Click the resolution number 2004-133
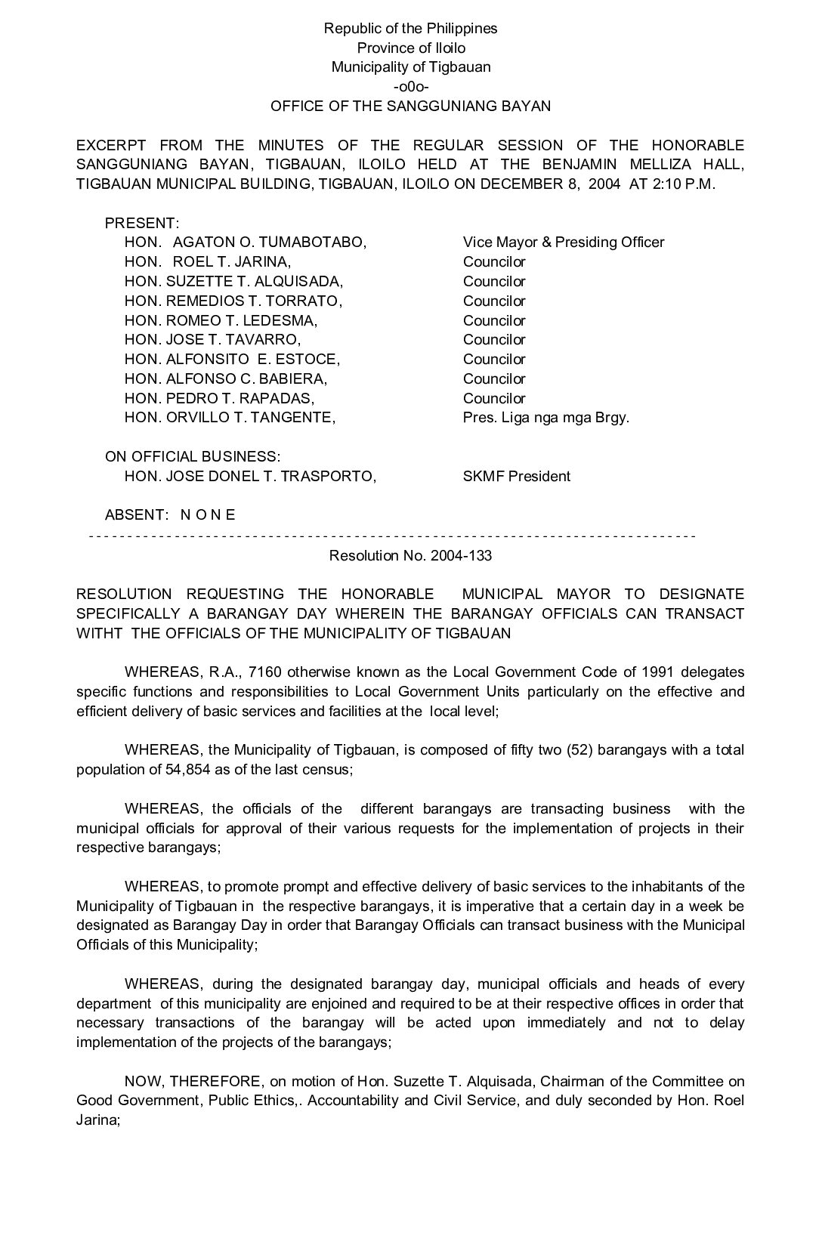461,556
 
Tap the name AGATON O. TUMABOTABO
269,242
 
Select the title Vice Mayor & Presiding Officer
564,242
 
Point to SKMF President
517,477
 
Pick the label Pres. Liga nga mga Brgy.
545,418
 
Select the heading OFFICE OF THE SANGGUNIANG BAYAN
411,107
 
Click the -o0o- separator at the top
411,87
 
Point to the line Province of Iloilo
411,48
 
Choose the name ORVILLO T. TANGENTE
250,418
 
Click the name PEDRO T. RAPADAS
239,398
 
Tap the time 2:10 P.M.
682,184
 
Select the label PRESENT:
142,224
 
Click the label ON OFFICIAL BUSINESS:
193,457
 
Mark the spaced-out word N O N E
208,515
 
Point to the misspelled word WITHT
98,633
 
